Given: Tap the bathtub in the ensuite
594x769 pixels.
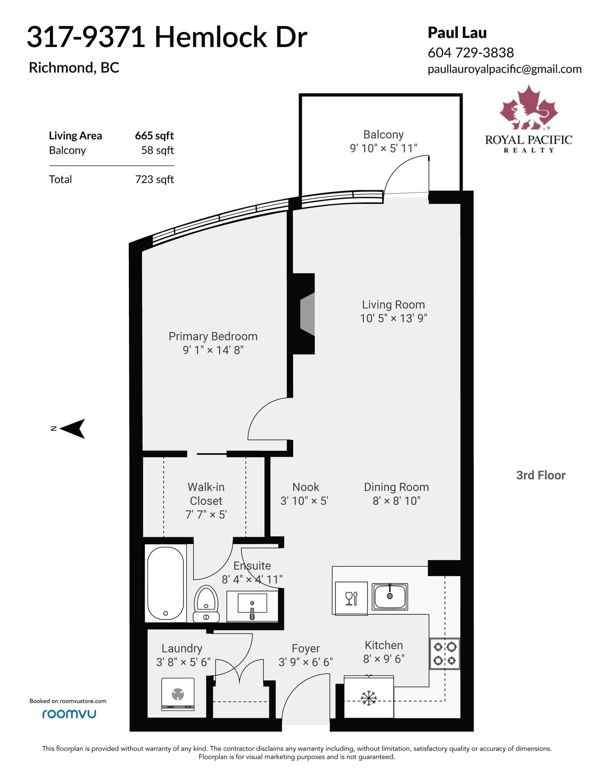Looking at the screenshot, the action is (x=165, y=583).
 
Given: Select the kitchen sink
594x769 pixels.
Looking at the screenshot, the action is (x=390, y=597).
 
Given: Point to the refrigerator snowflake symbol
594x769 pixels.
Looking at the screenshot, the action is (x=369, y=698).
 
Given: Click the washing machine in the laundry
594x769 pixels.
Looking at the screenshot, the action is (x=178, y=694).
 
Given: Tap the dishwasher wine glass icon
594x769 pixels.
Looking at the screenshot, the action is (x=351, y=598).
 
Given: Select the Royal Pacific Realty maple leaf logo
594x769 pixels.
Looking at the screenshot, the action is (x=529, y=108).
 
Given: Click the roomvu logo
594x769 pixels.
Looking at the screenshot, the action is (x=69, y=714).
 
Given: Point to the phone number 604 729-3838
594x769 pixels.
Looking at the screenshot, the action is (x=471, y=53).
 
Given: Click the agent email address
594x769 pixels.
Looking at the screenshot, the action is (x=505, y=69).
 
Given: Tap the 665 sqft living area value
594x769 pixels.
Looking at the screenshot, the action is (x=154, y=136).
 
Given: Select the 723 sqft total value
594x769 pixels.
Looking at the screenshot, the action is (x=154, y=179).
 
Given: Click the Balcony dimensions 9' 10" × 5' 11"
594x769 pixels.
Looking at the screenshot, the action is (x=384, y=149).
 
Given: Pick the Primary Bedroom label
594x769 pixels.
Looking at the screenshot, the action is (x=213, y=336).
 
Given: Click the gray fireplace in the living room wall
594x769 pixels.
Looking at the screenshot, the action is (x=307, y=314).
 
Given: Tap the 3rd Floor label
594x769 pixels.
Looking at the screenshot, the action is (x=541, y=475).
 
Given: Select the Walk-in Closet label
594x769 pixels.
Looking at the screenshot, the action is (x=206, y=494).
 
